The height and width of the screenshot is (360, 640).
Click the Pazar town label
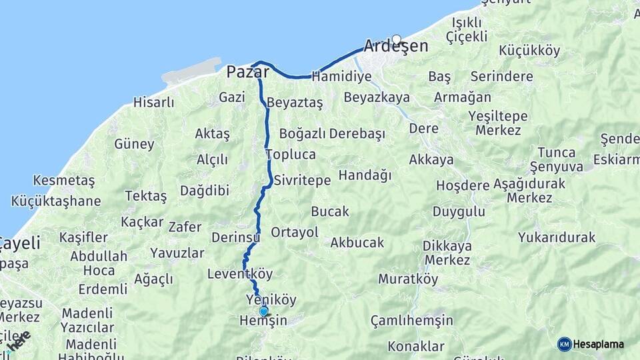[247, 71]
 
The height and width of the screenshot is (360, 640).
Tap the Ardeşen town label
[395, 47]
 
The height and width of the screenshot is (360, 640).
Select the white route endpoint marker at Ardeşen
[397, 39]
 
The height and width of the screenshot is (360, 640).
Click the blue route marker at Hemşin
[263, 311]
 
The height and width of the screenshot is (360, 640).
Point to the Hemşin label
[263, 321]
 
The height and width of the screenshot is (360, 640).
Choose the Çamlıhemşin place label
[412, 321]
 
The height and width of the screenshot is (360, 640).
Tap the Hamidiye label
[341, 77]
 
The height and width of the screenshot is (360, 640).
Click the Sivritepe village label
[302, 180]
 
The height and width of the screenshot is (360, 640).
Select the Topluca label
[291, 155]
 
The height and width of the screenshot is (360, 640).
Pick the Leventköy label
[240, 273]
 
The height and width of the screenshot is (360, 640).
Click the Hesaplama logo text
[599, 344]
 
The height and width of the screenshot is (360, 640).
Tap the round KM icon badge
[564, 344]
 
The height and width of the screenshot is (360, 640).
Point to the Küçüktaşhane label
[56, 201]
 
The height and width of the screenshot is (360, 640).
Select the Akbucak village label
[357, 243]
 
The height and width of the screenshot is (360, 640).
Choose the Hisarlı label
[153, 103]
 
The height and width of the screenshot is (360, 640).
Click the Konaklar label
[416, 346]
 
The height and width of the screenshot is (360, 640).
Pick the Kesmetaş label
[64, 181]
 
